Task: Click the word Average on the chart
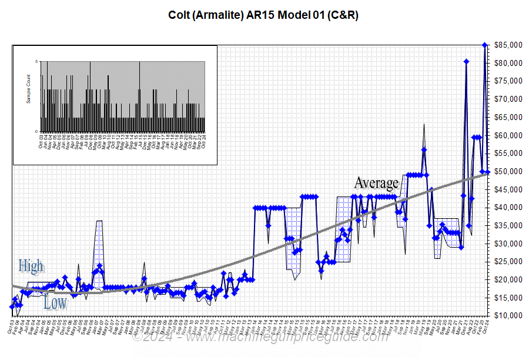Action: pos(376,183)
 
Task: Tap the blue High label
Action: pos(31,266)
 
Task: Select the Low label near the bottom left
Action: pos(55,304)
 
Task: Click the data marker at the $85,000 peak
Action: pos(485,45)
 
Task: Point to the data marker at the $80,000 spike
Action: pos(466,62)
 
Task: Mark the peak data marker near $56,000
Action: pos(424,149)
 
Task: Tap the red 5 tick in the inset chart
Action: pos(36,61)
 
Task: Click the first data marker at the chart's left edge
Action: pos(12,306)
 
